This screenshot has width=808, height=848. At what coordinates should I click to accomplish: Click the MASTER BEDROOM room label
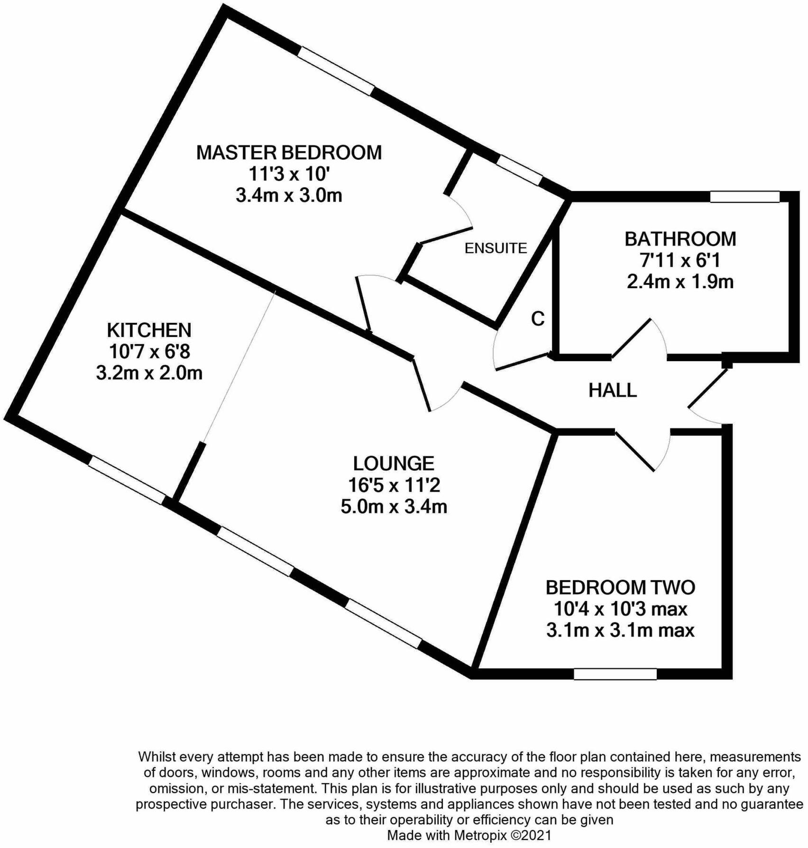[x=289, y=153]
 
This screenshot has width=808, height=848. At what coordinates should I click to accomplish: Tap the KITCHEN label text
[x=149, y=330]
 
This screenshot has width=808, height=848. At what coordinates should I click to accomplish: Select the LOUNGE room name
[x=394, y=463]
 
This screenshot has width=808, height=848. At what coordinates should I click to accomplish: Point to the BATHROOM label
[x=680, y=239]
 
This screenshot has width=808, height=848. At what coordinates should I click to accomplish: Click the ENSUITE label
[x=496, y=248]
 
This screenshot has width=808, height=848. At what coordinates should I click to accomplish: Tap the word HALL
[x=612, y=390]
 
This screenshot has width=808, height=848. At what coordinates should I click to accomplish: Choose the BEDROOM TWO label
[x=620, y=587]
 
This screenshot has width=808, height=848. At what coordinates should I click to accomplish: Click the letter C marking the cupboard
[x=538, y=319]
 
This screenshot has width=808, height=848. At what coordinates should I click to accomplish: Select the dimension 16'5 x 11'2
[x=394, y=485]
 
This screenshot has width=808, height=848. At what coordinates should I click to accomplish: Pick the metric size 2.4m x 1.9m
[x=680, y=282]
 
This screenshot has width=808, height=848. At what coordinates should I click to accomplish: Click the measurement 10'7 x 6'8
[x=149, y=352]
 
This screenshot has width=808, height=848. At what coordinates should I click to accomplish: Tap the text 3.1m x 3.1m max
[x=620, y=630]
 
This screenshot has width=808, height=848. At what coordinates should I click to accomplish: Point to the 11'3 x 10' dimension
[x=289, y=174]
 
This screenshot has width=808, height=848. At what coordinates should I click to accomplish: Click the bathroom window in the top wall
[x=744, y=196]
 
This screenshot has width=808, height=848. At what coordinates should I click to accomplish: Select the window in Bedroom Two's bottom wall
[x=615, y=674]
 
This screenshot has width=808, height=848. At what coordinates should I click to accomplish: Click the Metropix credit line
[x=469, y=835]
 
